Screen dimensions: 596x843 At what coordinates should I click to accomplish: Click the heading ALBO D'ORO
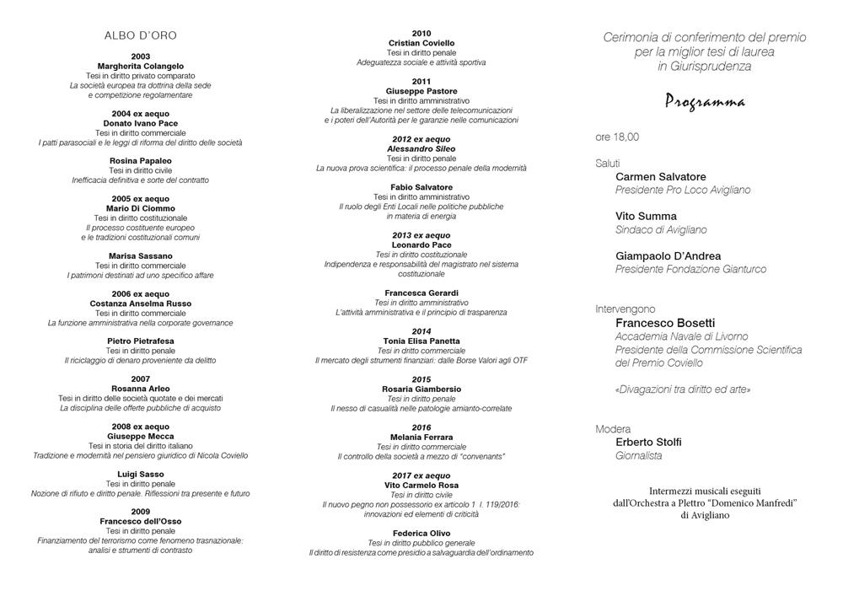tap(140, 35)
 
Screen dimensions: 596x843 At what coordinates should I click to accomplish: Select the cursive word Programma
tap(705, 102)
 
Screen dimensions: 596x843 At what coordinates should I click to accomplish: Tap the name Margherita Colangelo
tap(141, 66)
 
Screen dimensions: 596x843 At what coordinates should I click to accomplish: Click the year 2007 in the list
tap(141, 379)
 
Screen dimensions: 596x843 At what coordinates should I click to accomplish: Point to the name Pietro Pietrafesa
tap(141, 341)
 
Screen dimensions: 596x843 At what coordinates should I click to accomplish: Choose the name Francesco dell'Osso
tap(141, 521)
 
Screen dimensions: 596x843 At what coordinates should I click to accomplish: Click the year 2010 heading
tap(421, 33)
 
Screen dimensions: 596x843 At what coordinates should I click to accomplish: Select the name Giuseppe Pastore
tap(421, 90)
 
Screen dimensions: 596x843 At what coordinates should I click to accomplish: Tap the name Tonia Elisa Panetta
tap(421, 341)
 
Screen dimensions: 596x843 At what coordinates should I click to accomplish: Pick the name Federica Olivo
tap(421, 533)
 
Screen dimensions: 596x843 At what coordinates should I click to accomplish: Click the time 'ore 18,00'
tap(617, 137)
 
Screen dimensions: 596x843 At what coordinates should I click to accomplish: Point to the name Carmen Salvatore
tap(661, 177)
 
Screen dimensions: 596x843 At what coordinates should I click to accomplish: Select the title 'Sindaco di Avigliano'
tap(661, 229)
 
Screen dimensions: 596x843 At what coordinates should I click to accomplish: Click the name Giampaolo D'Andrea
tap(668, 256)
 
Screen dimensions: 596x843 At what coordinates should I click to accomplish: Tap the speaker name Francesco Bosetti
tap(666, 323)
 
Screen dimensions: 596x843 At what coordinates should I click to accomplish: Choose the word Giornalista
tap(639, 456)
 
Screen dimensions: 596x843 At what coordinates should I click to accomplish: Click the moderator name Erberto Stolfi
tap(649, 442)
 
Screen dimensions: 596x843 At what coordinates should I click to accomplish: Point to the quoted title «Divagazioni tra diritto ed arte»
tap(683, 389)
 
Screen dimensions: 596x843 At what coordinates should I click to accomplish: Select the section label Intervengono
tap(625, 309)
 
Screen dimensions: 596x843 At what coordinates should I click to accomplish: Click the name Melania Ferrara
tap(421, 437)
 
